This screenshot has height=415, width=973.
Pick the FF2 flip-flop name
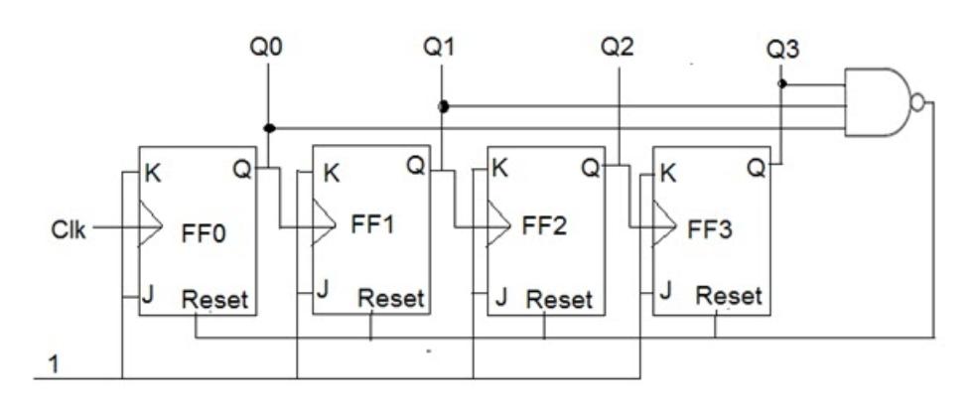pos(545,225)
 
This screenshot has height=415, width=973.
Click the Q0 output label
pos(267,47)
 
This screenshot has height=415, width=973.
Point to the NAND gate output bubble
pos(919,102)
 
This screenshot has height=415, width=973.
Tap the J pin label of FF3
pos(665,293)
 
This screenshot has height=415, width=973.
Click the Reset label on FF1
pos(391,297)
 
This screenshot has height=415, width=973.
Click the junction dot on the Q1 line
pos(443,106)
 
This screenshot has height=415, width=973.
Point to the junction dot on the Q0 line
pos(268,127)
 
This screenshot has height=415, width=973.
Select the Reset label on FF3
pos(729,295)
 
